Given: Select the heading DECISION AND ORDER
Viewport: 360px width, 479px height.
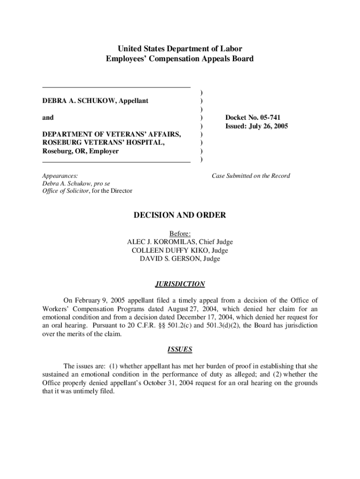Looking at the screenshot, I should (180, 215).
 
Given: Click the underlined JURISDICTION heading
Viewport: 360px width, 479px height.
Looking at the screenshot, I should (180, 284).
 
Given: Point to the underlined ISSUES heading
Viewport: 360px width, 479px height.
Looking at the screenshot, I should (180, 349).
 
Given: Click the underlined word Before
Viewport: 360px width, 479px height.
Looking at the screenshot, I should (179, 233).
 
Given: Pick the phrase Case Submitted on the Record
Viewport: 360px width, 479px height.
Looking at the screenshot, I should (251, 176).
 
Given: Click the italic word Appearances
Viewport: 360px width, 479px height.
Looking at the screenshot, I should (60, 176).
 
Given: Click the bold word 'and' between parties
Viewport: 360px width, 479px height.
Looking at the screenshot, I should (48, 117).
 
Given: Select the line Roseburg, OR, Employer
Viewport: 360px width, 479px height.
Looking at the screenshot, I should (80, 151).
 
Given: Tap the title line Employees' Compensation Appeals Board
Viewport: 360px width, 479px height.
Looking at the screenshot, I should (180, 59).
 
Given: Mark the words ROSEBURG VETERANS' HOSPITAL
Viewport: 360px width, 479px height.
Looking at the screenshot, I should (103, 143).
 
